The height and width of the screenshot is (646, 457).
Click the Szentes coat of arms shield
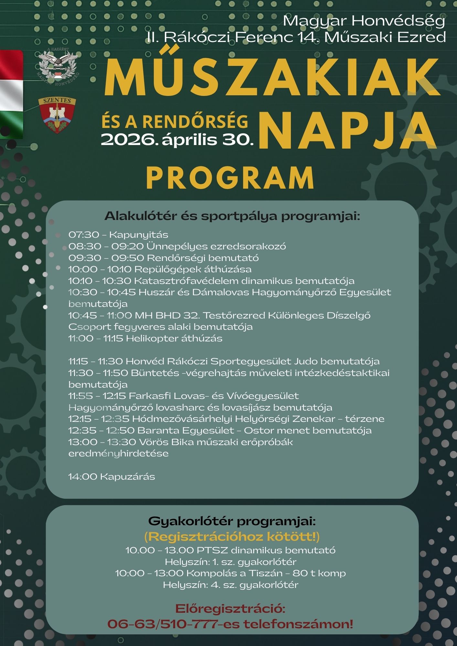tap(57, 115)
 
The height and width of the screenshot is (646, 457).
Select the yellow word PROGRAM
tap(230, 178)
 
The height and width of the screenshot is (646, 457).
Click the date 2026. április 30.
tap(177, 140)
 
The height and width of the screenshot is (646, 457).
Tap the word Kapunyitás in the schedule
tap(139, 235)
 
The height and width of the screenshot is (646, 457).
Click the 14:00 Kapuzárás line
tap(112, 477)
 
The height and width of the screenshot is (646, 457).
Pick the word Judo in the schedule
tap(305, 361)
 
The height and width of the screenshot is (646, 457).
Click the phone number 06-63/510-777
tap(163, 624)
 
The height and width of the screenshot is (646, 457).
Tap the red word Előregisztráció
tap(230, 609)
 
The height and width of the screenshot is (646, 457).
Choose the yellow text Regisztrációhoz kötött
tap(231, 537)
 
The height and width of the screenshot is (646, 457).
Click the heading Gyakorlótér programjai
tap(232, 521)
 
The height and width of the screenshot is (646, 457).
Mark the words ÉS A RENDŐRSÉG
tap(175, 121)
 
